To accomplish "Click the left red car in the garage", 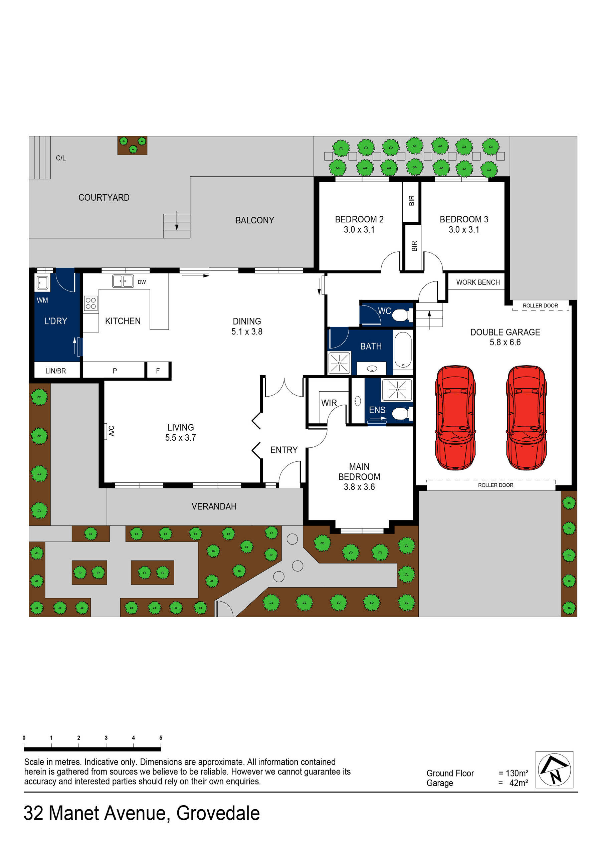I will [x=455, y=418].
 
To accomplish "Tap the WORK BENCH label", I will [x=478, y=282].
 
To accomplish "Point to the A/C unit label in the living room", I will [x=112, y=431].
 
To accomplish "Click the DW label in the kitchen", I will [x=142, y=282].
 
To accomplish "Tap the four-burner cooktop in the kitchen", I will [x=91, y=303].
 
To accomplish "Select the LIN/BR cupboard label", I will [x=55, y=371].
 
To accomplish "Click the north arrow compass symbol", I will [x=554, y=769].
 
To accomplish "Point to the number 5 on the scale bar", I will [x=161, y=737].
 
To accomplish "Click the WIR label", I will [x=329, y=403].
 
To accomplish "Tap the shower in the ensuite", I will [x=397, y=390].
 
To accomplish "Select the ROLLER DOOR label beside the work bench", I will [x=540, y=305].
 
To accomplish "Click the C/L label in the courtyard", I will [x=61, y=158].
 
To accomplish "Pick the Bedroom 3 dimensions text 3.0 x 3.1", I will [x=464, y=230].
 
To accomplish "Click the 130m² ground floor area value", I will [x=517, y=773].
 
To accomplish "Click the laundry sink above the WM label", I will [x=42, y=283].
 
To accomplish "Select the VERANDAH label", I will [x=214, y=506].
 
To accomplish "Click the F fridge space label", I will [x=158, y=371].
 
